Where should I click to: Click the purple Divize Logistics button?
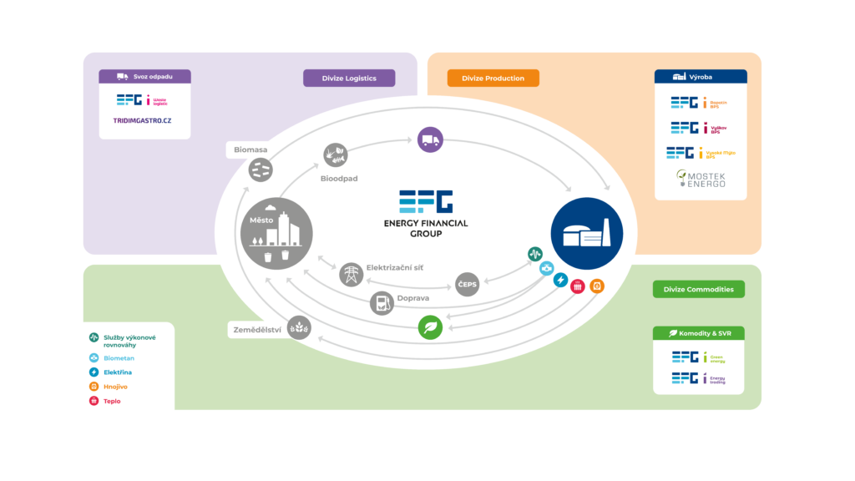348,78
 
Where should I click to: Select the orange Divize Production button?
493,78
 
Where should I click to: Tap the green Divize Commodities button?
698,289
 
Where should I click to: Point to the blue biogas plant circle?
587,233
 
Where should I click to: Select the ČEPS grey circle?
468,285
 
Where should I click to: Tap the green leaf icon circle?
430,327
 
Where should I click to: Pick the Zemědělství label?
256,332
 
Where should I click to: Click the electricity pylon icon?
352,275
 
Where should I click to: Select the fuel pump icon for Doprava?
382,302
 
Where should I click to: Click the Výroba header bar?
700,76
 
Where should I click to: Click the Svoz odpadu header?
144,76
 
